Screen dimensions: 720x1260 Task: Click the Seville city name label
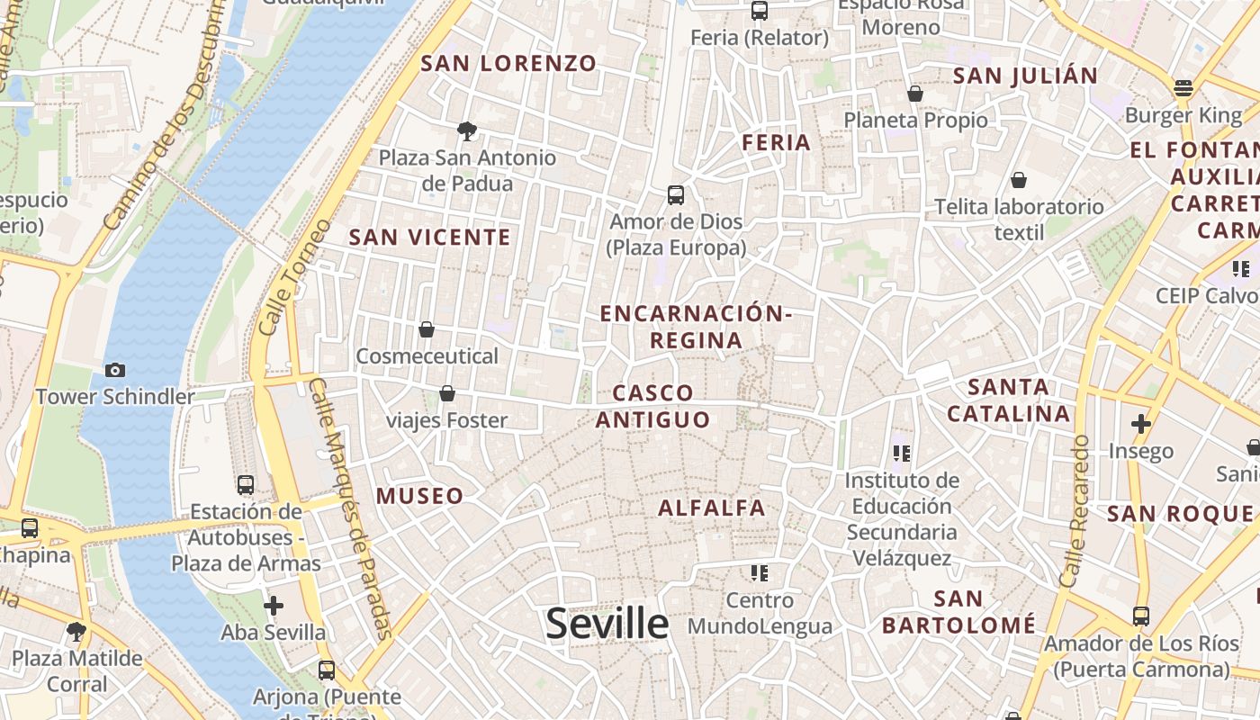click(607, 624)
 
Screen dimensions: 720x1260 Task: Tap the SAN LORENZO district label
click(508, 63)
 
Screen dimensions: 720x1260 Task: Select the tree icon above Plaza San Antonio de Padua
click(466, 131)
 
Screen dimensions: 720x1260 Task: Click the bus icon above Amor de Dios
click(676, 194)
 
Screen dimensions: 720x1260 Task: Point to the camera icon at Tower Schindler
click(114, 370)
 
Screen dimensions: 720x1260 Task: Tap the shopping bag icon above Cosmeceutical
click(427, 329)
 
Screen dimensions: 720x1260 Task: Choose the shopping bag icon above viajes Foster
click(446, 393)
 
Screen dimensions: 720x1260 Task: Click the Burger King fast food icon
click(1183, 88)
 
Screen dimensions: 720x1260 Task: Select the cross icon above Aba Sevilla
click(274, 606)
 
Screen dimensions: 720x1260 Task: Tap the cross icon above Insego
click(1141, 424)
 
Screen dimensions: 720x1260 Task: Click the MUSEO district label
click(419, 496)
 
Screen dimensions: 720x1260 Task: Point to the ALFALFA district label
click(712, 508)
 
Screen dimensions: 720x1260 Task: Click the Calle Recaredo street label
click(1075, 511)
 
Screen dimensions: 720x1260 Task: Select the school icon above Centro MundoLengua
click(760, 573)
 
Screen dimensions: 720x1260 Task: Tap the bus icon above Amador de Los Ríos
click(1141, 616)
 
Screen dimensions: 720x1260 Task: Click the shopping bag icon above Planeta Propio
click(915, 94)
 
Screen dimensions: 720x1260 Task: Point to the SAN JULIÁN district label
click(1025, 76)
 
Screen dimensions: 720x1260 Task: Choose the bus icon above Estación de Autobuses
click(246, 485)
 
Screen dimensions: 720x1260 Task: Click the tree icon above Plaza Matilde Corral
click(76, 632)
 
